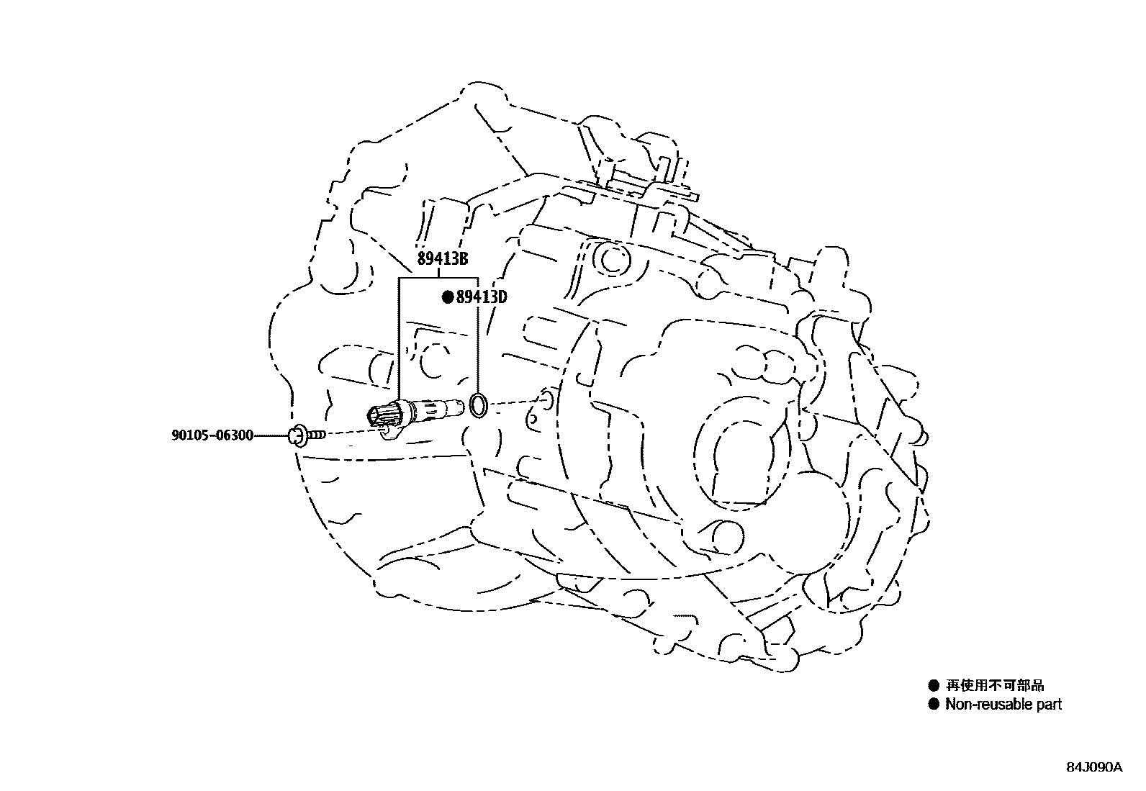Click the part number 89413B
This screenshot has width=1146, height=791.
coord(442,260)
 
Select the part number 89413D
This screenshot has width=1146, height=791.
coord(482,297)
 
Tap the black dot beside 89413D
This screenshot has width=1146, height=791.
coord(447,297)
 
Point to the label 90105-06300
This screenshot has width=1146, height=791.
coord(212,435)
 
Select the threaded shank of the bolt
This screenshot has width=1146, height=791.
coord(317,434)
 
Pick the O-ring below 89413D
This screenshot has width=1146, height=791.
coord(479,404)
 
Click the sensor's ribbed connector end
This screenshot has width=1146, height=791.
coord(382,414)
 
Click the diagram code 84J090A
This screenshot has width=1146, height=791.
coord(1094,767)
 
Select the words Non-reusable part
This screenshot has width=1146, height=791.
coord(1003,705)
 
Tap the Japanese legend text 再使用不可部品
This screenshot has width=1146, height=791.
coord(994,685)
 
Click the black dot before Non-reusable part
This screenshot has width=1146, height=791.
coord(934,705)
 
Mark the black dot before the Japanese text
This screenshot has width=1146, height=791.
coord(934,685)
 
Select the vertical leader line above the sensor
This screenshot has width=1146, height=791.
coord(399,338)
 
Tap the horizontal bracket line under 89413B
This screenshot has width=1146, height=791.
coord(438,278)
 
